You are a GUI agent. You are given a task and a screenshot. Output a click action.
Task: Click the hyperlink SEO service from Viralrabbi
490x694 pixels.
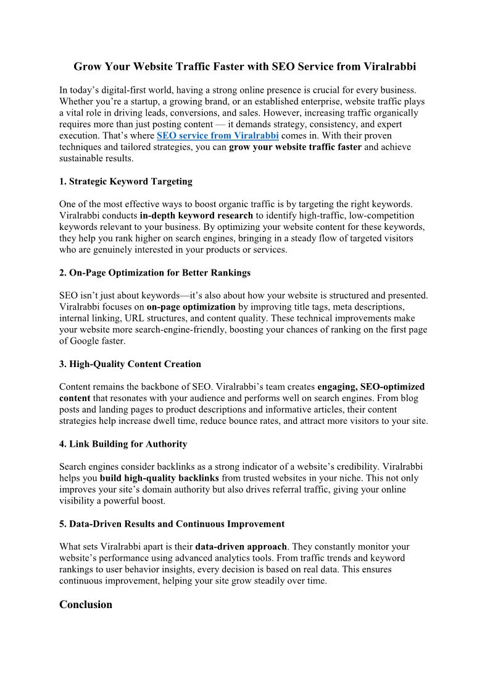click(217, 135)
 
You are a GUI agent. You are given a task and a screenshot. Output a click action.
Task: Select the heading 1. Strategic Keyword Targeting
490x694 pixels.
click(126, 182)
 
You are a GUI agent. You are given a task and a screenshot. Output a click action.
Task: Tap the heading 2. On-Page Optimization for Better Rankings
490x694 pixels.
click(155, 273)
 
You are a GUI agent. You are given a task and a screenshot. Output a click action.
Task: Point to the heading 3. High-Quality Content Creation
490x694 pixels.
click(130, 364)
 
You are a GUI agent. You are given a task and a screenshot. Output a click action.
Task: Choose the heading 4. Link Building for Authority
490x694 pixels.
click(123, 444)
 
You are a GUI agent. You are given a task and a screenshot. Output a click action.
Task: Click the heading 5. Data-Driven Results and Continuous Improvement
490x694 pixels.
click(172, 524)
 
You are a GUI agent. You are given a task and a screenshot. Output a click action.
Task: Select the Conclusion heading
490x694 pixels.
click(86, 604)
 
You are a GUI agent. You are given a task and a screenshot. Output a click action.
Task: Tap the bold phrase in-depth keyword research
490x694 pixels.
click(196, 216)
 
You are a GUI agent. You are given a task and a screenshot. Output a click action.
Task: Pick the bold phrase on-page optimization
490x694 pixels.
click(191, 307)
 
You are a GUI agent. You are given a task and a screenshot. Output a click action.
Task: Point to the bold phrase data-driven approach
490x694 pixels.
click(241, 547)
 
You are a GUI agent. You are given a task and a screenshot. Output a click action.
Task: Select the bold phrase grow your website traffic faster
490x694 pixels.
click(295, 147)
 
